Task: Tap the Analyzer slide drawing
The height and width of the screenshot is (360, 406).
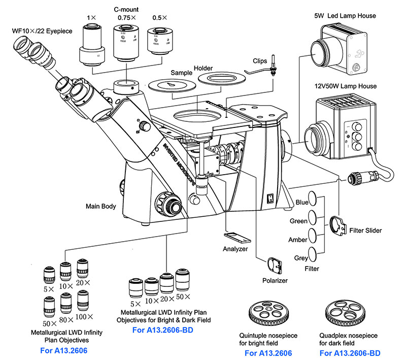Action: pos(236,237)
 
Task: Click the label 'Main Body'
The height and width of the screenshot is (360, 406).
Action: pos(101,207)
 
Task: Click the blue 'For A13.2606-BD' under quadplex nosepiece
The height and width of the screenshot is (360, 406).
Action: pos(350,353)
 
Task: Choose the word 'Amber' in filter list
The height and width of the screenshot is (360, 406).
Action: pos(298,240)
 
